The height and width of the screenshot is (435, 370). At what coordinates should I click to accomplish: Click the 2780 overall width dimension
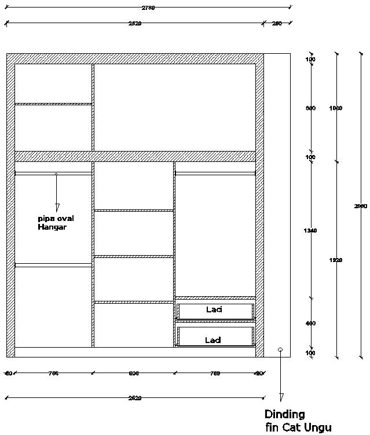tap(149, 8)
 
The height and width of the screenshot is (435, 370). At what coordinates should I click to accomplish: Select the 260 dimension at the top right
tap(277, 24)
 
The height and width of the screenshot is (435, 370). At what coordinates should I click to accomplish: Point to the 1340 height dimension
tap(310, 231)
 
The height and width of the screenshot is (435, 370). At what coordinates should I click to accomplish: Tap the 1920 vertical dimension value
tap(336, 260)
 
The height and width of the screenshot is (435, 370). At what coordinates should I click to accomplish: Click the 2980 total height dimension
tap(361, 207)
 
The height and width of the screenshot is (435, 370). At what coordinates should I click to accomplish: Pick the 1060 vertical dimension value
tap(336, 108)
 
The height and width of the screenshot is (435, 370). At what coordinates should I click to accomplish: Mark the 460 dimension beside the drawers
tap(310, 323)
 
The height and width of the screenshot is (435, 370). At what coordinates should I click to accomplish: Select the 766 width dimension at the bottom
tap(53, 374)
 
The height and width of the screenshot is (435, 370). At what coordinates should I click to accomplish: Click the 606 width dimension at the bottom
tap(133, 374)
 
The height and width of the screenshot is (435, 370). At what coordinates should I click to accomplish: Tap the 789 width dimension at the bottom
tap(214, 374)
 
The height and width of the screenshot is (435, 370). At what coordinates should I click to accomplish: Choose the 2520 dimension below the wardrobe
tap(134, 398)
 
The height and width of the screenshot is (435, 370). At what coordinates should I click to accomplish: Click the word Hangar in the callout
tap(53, 227)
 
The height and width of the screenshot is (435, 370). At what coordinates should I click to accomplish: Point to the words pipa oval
tap(56, 219)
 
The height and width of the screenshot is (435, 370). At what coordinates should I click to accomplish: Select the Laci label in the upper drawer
tap(214, 310)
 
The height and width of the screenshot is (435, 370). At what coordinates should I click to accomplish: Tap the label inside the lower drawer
tap(213, 340)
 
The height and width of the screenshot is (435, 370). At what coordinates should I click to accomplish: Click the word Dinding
tap(284, 414)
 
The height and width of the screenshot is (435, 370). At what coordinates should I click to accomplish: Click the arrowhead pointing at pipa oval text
tap(57, 207)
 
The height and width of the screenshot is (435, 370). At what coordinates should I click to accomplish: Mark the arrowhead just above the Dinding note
tap(281, 397)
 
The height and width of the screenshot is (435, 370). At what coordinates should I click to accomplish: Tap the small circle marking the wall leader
tap(280, 350)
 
